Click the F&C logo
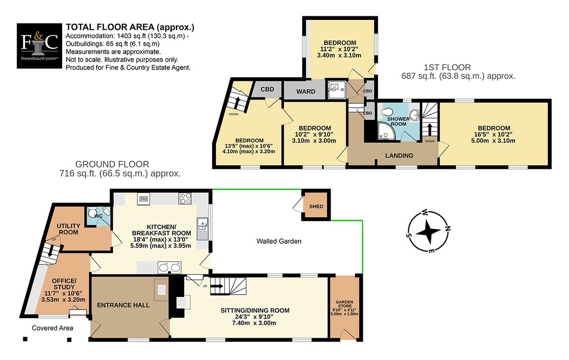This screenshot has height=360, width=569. tap(39, 46)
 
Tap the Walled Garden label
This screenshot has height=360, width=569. tap(279, 241)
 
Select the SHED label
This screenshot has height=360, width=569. tap(316, 206)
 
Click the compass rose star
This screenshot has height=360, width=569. tap(428, 231)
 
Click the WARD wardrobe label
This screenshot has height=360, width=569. tap(305, 92)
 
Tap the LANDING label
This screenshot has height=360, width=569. tap(399, 156)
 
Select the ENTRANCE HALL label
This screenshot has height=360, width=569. tap(123, 305)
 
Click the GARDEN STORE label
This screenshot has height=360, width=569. tap(344, 304)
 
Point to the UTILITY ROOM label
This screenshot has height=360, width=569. tap(68, 229)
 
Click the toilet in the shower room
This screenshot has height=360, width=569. tap(387, 112)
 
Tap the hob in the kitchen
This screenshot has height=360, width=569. tap(184, 199)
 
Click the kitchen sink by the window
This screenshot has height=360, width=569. tap(203, 229)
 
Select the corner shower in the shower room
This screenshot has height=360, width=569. tap(386, 131)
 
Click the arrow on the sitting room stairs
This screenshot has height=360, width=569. tap(217, 286)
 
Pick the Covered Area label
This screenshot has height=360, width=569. tap(52, 328)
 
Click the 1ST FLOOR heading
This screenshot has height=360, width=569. tap(447, 67)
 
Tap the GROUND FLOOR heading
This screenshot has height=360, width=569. tap(112, 165)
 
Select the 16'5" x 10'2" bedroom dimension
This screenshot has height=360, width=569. tap(493, 134)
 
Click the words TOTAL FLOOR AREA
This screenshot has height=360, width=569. tap(110, 27)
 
